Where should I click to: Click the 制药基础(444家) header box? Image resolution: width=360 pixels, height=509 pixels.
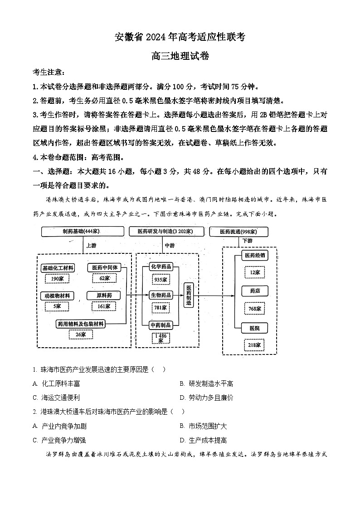tap(82, 231)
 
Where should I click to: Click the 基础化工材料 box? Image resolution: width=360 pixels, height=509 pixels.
tap(58, 268)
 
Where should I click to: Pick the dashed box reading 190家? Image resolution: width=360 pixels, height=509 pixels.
tap(57, 278)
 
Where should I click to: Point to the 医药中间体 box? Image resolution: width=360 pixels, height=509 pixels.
tap(104, 267)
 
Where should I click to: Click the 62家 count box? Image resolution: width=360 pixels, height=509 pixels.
tap(104, 278)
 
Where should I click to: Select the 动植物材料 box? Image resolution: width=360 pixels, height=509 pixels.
tap(57, 296)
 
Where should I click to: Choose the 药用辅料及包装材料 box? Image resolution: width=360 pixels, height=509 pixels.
tap(81, 324)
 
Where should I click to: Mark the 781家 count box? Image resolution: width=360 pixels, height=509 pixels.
tap(161, 308)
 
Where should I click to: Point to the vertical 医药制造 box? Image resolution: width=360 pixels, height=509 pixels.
tap(189, 296)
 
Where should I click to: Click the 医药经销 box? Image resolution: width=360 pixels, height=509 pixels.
tap(254, 255)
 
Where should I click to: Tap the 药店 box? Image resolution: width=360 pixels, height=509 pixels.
tap(254, 291)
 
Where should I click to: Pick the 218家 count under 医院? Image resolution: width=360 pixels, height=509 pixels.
tap(254, 345)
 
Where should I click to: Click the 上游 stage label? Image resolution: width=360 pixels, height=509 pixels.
tap(91, 245)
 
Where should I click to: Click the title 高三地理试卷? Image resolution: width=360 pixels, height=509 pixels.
tap(180, 57)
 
